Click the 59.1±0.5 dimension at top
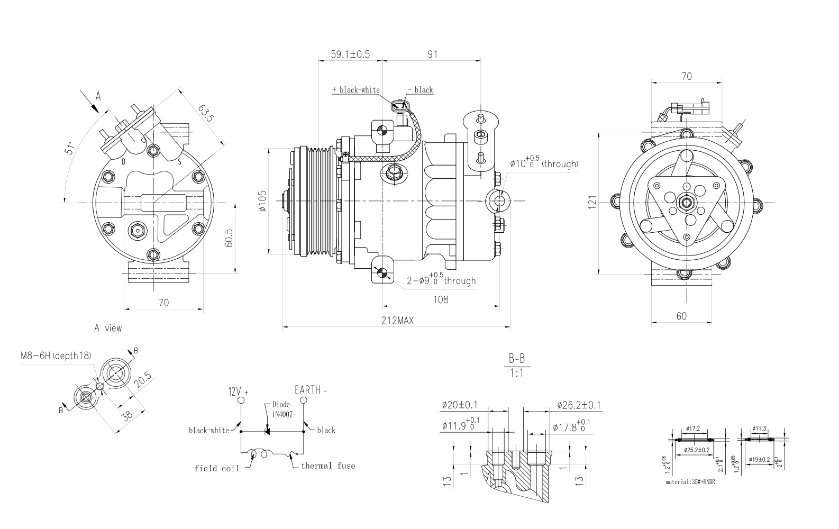(x=350, y=54)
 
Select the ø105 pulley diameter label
(x=263, y=201)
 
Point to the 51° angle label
(x=69, y=148)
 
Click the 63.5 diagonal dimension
(x=206, y=113)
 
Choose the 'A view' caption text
(x=108, y=329)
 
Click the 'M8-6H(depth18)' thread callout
(x=56, y=355)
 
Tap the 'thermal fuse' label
(x=328, y=466)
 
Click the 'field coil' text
(x=216, y=469)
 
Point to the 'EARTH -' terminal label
(x=311, y=390)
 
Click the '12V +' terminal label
(x=238, y=392)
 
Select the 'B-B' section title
(x=516, y=359)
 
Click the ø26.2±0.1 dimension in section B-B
(x=579, y=406)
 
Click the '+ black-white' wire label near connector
(x=355, y=90)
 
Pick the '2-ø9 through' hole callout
(x=441, y=280)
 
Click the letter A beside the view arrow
(x=98, y=96)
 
